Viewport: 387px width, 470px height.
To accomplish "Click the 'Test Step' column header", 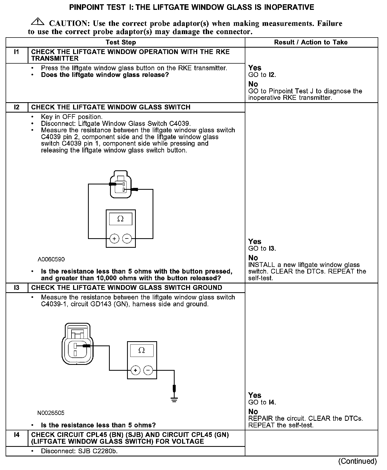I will coord(121,42).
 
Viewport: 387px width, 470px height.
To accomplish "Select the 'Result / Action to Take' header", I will coord(311,42).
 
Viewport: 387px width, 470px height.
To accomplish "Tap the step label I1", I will coord(16,52).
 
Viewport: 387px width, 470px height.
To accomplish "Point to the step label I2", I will coord(16,107).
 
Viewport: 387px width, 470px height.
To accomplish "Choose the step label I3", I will coord(16,288).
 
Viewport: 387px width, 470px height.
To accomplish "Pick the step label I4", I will coord(16,435).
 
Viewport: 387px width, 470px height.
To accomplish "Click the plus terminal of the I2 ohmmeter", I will coord(114,239).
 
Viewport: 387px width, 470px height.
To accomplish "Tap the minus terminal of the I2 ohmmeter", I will coord(127,239).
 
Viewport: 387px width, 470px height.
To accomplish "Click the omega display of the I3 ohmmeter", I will coord(142,350).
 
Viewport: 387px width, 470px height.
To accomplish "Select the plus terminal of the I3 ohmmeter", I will coord(136,370).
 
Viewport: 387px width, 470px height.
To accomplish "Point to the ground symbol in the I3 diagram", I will coord(174,399).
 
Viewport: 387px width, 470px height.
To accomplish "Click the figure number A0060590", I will coord(51,259).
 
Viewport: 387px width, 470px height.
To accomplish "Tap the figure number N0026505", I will coord(51,413).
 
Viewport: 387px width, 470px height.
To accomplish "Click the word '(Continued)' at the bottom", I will coord(357,461).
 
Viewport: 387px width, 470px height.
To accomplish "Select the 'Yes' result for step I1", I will coord(255,68).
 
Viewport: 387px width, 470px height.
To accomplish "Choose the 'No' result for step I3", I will coord(253,412).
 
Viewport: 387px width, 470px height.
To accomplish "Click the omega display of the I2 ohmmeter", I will coord(120,219).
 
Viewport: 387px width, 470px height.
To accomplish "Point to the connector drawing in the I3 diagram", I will coord(77,343).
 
